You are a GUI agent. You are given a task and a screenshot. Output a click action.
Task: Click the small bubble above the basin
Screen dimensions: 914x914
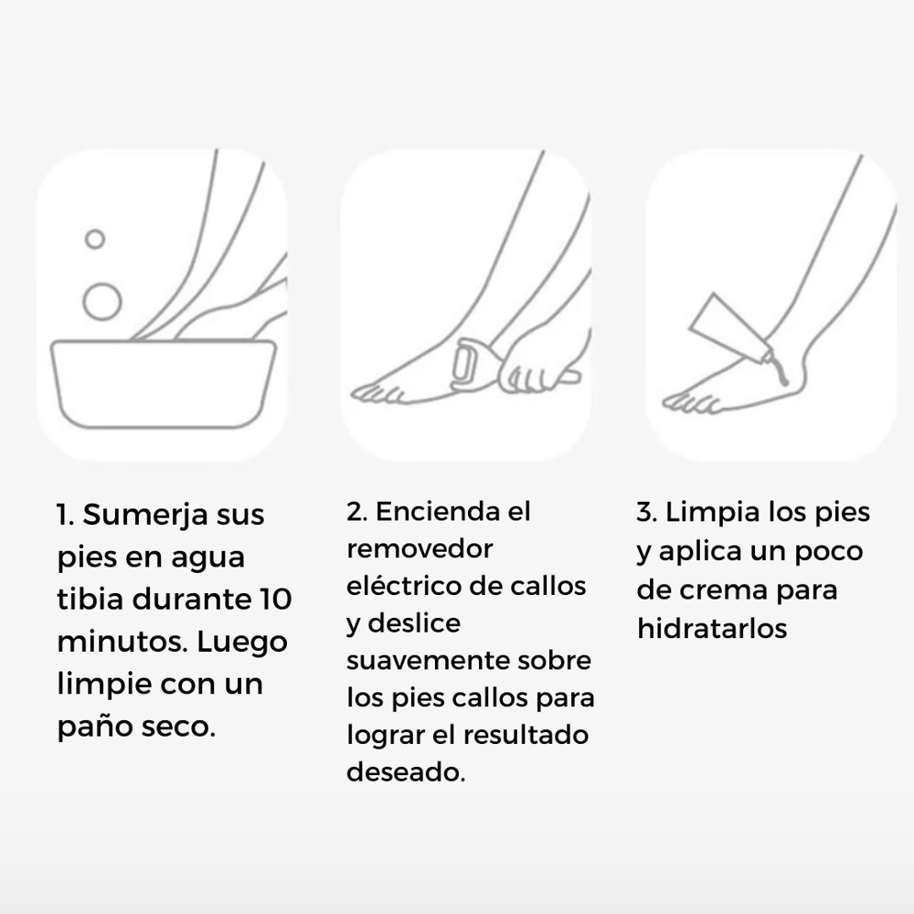95,239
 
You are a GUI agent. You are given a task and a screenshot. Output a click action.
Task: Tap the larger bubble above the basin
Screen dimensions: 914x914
101,301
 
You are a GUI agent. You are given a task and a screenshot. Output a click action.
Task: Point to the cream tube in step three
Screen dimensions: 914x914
728,326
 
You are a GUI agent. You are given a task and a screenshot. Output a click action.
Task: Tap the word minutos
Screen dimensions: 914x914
120,643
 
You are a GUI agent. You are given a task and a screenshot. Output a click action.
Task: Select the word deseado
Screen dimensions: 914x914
406,771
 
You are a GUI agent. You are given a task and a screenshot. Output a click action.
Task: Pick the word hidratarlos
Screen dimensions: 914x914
712,628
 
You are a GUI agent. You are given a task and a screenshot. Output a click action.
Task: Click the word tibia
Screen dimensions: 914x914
90,600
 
